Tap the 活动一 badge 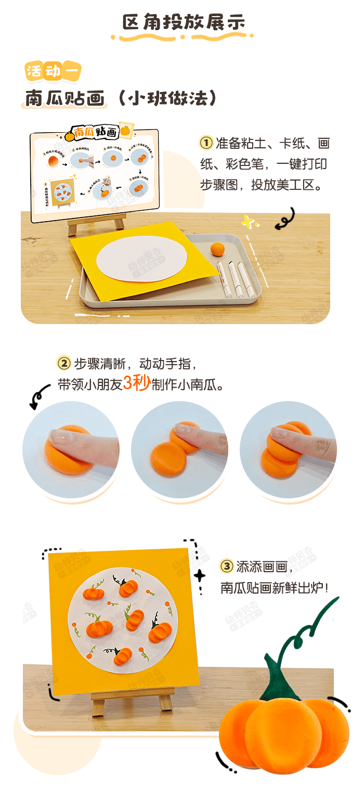tap(53, 71)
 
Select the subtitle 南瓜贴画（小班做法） tap(121, 98)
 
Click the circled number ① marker tap(206, 143)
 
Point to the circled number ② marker tap(64, 363)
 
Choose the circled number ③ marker tap(227, 566)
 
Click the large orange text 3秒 tap(137, 383)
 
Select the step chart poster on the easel tap(95, 174)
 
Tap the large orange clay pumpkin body tap(283, 733)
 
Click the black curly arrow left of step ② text tap(40, 398)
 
